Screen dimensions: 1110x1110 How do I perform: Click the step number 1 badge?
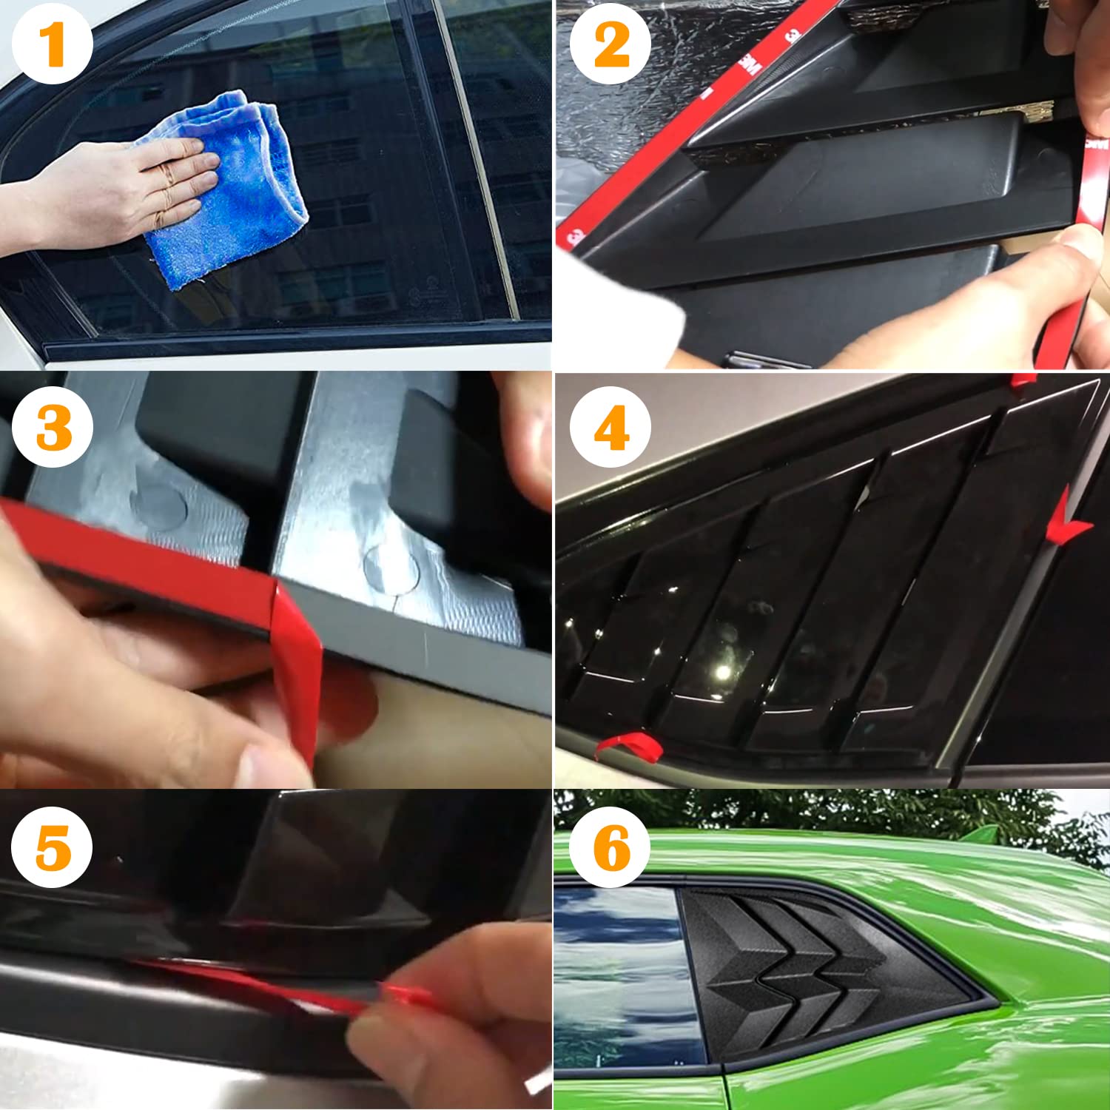[x=52, y=44]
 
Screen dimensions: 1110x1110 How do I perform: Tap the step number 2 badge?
[x=610, y=44]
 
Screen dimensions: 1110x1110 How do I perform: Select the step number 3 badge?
[x=53, y=427]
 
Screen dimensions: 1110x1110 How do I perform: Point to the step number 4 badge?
[x=610, y=427]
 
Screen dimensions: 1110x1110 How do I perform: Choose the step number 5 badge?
[x=52, y=847]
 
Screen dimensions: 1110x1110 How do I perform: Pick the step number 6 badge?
[x=610, y=847]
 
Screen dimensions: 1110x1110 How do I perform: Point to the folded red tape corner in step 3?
[x=296, y=651]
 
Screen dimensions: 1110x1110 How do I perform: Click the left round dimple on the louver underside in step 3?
[x=159, y=507]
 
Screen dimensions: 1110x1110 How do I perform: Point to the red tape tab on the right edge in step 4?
[x=1069, y=522]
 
